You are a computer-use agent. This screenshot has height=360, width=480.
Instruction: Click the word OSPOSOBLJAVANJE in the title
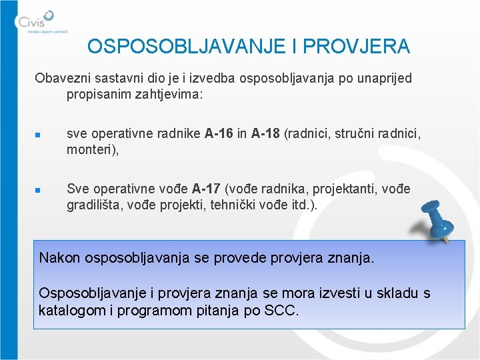point(172,47)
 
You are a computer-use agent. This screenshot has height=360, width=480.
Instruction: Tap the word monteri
point(91,151)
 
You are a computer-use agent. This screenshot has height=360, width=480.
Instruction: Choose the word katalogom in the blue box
point(70,310)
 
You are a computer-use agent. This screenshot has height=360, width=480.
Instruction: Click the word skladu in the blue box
point(389,293)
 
